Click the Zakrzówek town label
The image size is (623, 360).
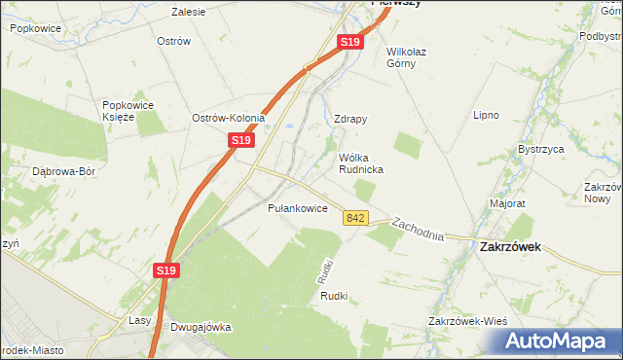[511, 247]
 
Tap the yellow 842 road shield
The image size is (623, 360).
[355, 219]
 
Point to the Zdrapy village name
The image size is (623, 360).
[350, 119]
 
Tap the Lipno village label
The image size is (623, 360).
[486, 115]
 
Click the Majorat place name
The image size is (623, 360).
[507, 204]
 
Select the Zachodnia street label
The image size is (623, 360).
[418, 230]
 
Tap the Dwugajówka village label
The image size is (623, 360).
[200, 327]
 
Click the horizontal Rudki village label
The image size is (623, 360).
[334, 297]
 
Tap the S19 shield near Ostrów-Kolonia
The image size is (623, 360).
[241, 141]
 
